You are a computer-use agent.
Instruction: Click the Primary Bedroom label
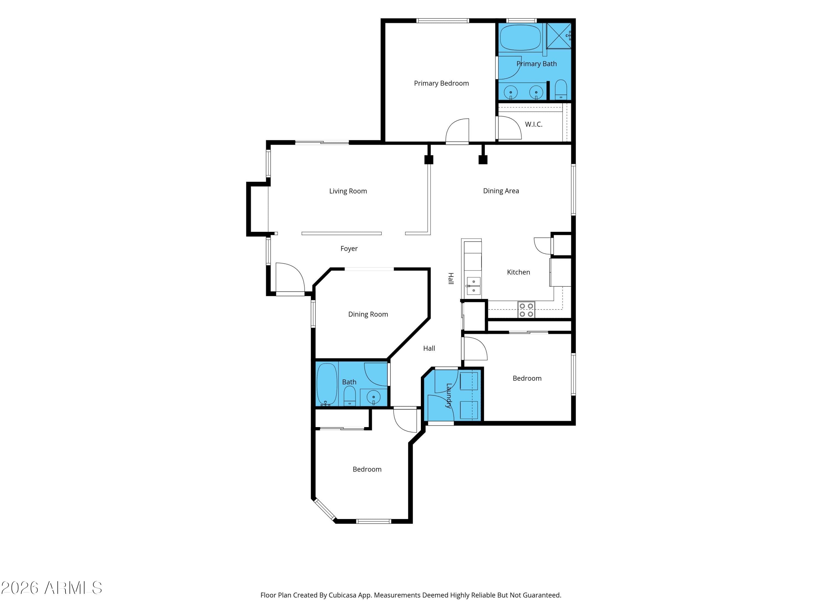pyautogui.click(x=441, y=84)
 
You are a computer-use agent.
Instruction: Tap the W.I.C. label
pyautogui.click(x=534, y=124)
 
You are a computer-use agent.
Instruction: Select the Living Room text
pyautogui.click(x=348, y=191)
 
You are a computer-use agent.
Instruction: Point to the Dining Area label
pyautogui.click(x=501, y=191)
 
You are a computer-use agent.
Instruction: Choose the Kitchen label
pyautogui.click(x=518, y=272)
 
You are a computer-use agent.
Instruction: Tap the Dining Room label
pyautogui.click(x=368, y=315)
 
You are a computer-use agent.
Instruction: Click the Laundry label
pyautogui.click(x=449, y=396)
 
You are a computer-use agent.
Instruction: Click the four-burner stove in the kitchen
pyautogui.click(x=526, y=310)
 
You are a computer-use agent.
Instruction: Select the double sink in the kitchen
pyautogui.click(x=473, y=286)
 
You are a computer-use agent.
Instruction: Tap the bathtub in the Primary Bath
pyautogui.click(x=520, y=38)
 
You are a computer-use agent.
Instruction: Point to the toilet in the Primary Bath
pyautogui.click(x=561, y=90)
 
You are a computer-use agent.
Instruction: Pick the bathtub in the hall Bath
pyautogui.click(x=327, y=385)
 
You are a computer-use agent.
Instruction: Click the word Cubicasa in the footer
pyautogui.click(x=342, y=595)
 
